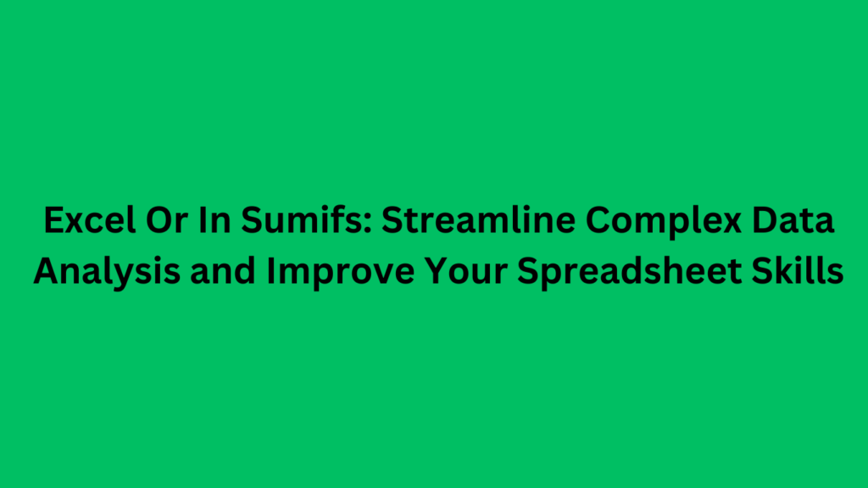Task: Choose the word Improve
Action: pyautogui.click(x=310, y=273)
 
